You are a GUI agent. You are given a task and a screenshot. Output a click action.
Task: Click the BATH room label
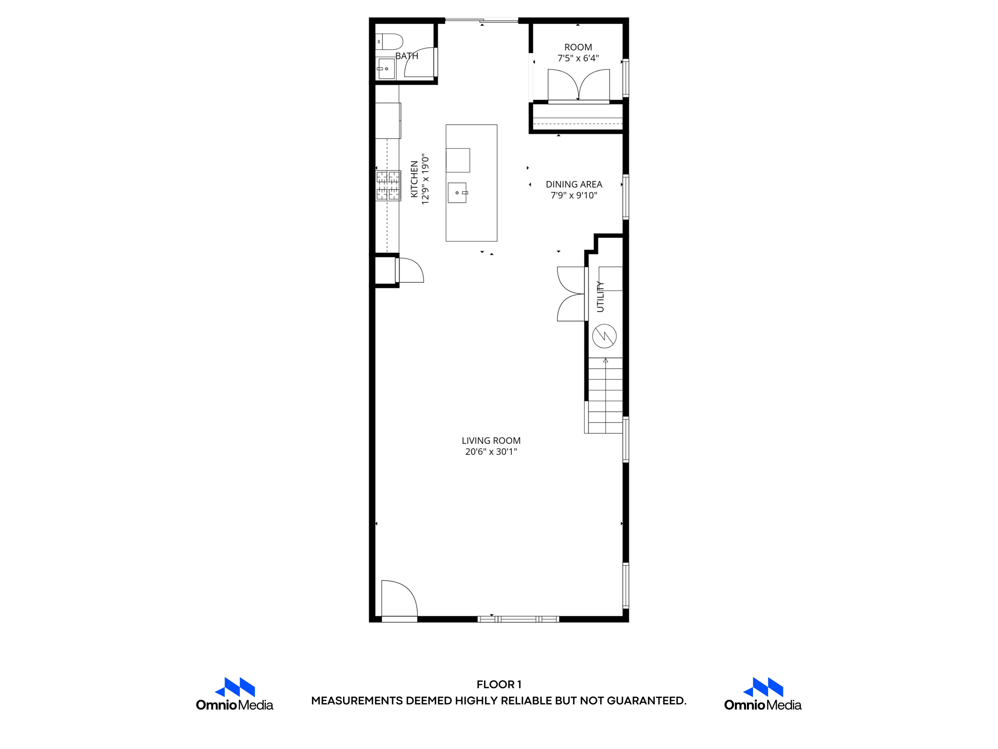406,56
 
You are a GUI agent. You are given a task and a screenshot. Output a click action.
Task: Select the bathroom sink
386,69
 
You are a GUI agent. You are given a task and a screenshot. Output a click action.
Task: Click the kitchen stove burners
388,185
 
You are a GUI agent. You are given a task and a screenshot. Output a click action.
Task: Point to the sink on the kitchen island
457,193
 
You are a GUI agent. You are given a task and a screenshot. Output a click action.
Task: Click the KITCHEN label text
414,179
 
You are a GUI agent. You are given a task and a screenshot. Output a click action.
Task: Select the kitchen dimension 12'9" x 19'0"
425,179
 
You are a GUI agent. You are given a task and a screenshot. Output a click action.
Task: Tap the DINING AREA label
574,184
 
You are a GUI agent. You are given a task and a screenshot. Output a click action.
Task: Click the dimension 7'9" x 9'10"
574,196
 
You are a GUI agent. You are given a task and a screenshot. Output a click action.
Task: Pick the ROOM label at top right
578,47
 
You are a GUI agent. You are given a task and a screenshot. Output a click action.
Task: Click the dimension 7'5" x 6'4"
578,59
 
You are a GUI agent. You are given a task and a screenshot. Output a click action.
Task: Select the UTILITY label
600,296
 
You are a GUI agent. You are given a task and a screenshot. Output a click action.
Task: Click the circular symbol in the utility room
604,336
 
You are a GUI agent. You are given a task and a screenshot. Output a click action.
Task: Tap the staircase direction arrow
606,361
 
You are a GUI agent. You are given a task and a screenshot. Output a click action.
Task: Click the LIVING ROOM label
491,441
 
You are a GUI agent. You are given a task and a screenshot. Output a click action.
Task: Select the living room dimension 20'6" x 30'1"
491,452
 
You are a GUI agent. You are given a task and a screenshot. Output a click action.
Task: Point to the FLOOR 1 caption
499,685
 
